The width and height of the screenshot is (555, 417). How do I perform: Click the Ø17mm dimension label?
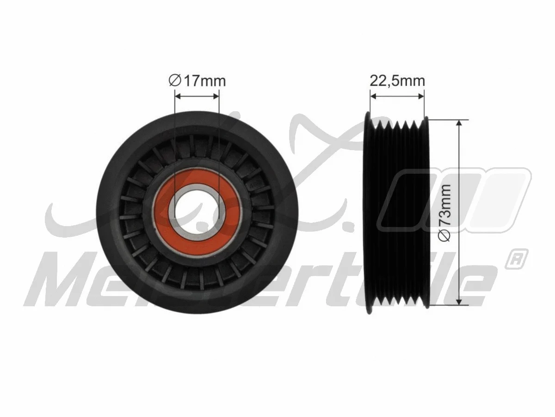click(197, 82)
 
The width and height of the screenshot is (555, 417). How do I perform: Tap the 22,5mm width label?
click(397, 81)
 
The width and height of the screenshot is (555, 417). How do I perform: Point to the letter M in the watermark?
click(60, 283)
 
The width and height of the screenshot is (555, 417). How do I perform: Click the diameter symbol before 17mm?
click(174, 82)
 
